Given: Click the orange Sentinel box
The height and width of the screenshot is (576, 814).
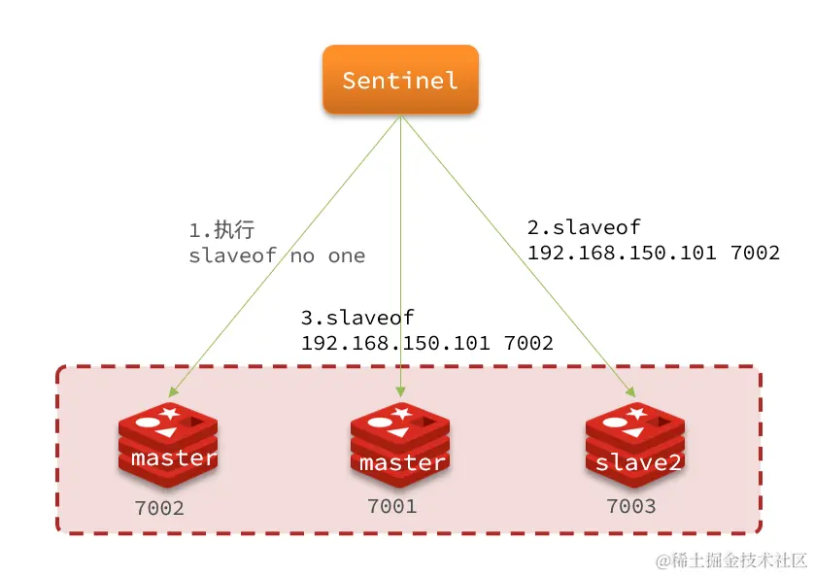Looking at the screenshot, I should [x=400, y=80].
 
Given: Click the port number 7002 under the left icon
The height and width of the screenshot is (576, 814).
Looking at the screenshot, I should [x=158, y=508].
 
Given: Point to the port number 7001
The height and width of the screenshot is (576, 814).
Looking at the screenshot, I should [x=391, y=506].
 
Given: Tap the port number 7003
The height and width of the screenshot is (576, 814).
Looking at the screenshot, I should [x=630, y=506].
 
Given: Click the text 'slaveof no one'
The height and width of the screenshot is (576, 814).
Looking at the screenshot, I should [x=277, y=256].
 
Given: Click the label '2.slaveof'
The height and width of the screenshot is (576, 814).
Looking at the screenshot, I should [x=584, y=228].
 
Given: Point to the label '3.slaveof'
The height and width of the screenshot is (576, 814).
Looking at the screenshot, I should [x=358, y=318].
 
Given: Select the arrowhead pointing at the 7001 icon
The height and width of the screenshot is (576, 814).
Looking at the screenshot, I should [x=400, y=390].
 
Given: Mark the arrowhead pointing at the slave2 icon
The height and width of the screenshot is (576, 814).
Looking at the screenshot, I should [x=628, y=392].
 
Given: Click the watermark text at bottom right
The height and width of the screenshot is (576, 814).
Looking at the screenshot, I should [x=730, y=560].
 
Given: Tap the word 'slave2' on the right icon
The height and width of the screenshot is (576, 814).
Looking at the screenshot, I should [x=637, y=462].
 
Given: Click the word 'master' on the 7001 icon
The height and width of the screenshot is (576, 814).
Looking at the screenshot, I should [x=402, y=463].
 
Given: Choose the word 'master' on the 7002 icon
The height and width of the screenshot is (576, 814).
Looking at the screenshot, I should [x=174, y=457].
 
